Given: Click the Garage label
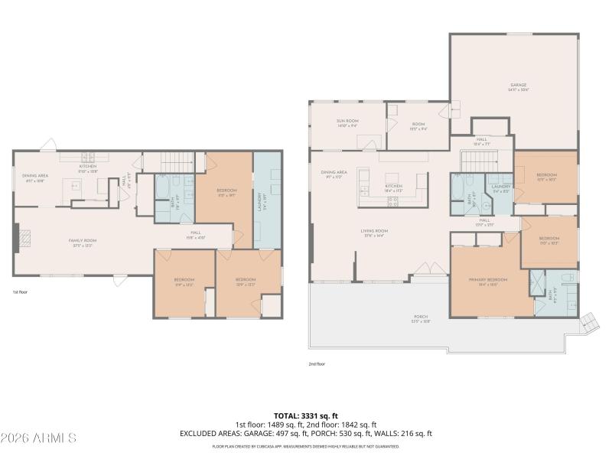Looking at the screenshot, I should [x=519, y=86].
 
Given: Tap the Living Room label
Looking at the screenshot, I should [x=375, y=233].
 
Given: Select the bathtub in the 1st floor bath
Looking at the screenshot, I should [x=164, y=190].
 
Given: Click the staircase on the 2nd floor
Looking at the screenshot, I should [x=479, y=161].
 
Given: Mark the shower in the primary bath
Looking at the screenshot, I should [x=538, y=281].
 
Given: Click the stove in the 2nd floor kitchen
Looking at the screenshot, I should [x=394, y=202].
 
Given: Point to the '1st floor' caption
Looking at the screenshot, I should [x=20, y=292].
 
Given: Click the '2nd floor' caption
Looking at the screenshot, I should [x=316, y=364].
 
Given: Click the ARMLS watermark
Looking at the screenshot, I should [x=38, y=438].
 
